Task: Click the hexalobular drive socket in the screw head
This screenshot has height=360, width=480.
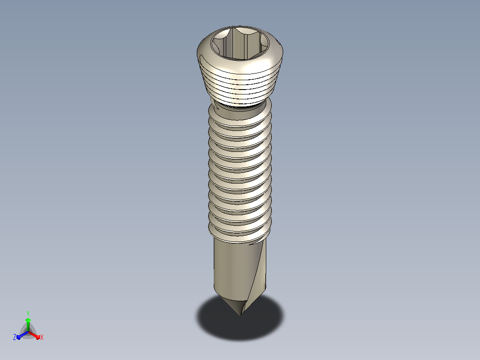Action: point(240,43)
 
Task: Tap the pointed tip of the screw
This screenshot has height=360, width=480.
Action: point(240,315)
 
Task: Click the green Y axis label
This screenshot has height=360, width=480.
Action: point(28,313)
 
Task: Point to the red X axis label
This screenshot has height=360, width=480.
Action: point(42,337)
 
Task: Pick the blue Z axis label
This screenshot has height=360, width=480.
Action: point(15,337)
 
